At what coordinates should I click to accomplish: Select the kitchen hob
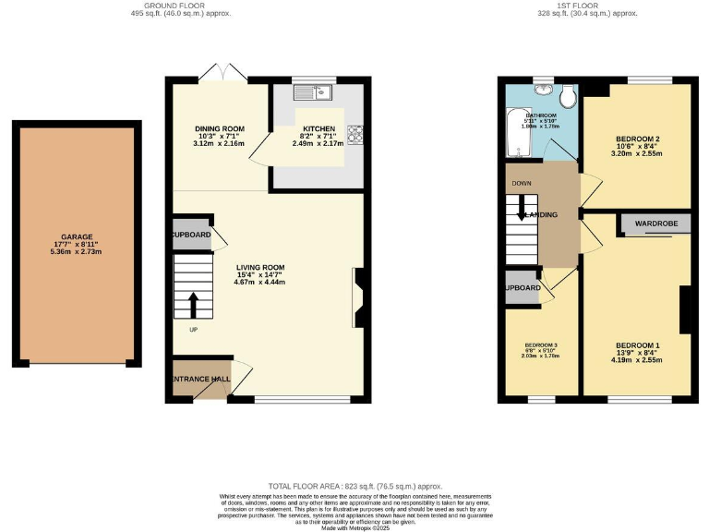tap(354, 134)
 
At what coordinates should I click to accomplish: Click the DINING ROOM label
tap(219, 129)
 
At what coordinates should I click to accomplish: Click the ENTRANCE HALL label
tap(198, 378)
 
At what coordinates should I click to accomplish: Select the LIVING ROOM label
tap(259, 268)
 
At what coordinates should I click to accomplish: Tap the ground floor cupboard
tap(191, 236)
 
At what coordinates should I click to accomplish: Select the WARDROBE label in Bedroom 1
tap(656, 224)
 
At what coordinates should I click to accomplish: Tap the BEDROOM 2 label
tap(637, 139)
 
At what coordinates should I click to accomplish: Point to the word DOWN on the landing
tap(521, 183)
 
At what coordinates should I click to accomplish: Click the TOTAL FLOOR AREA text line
tap(354, 486)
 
